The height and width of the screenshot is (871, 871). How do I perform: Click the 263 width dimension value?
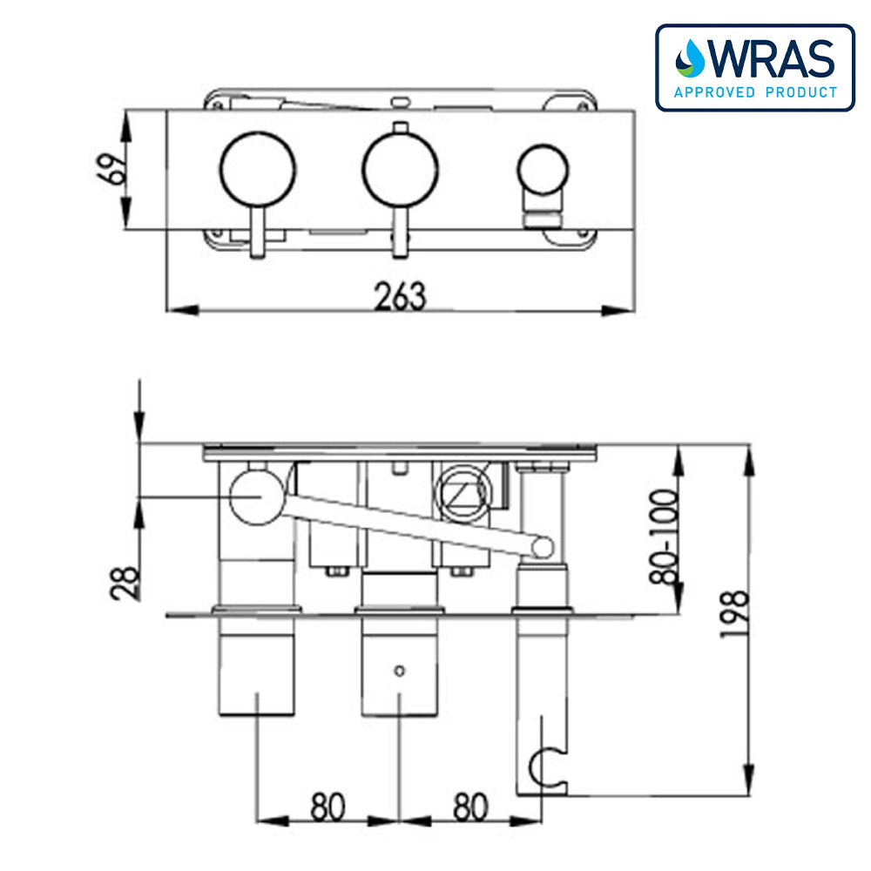(401, 296)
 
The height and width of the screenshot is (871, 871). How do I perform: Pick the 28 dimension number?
(125, 584)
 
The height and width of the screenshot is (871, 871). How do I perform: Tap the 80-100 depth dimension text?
(667, 537)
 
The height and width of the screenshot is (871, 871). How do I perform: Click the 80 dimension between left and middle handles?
(327, 807)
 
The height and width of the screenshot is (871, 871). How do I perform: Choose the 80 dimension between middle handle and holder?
(470, 807)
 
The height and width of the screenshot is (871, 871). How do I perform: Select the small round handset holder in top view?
(542, 169)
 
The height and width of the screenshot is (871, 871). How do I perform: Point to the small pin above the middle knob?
(400, 127)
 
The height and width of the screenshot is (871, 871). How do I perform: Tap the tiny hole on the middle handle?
(399, 671)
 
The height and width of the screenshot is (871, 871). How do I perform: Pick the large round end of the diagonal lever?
(257, 496)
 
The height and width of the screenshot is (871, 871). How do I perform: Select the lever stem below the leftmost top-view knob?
(257, 233)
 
